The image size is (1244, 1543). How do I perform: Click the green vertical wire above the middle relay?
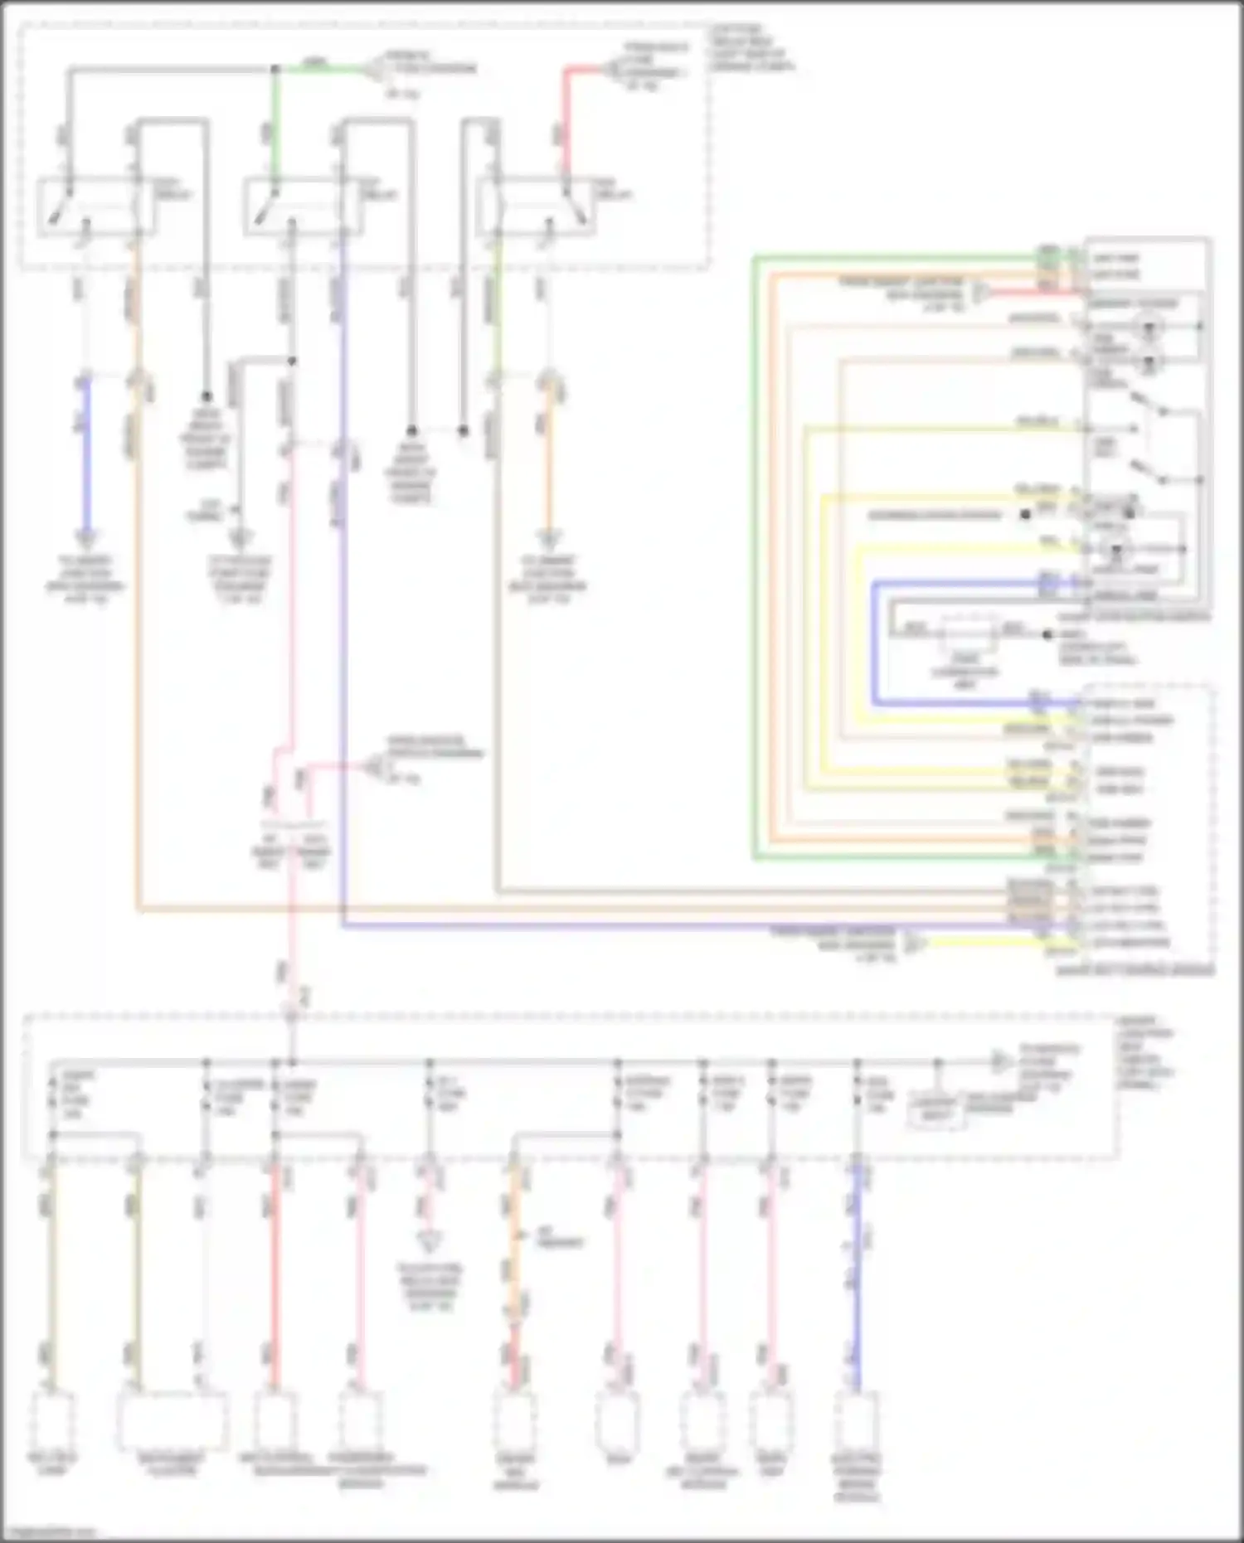pos(275,124)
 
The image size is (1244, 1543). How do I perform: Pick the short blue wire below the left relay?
pos(85,456)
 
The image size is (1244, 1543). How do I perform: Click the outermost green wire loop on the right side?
pos(756,556)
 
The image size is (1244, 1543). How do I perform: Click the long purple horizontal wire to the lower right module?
pos(663,925)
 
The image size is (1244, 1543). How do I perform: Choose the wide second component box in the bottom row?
pos(173,1419)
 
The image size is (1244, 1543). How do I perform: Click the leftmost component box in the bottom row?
pos(52,1419)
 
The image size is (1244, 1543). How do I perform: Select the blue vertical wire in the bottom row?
pos(857,1277)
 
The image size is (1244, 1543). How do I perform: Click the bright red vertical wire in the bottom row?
pos(273,1277)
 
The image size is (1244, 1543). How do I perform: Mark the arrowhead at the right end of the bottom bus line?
pos(1001,1062)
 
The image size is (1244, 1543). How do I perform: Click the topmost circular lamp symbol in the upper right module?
pos(1149,327)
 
